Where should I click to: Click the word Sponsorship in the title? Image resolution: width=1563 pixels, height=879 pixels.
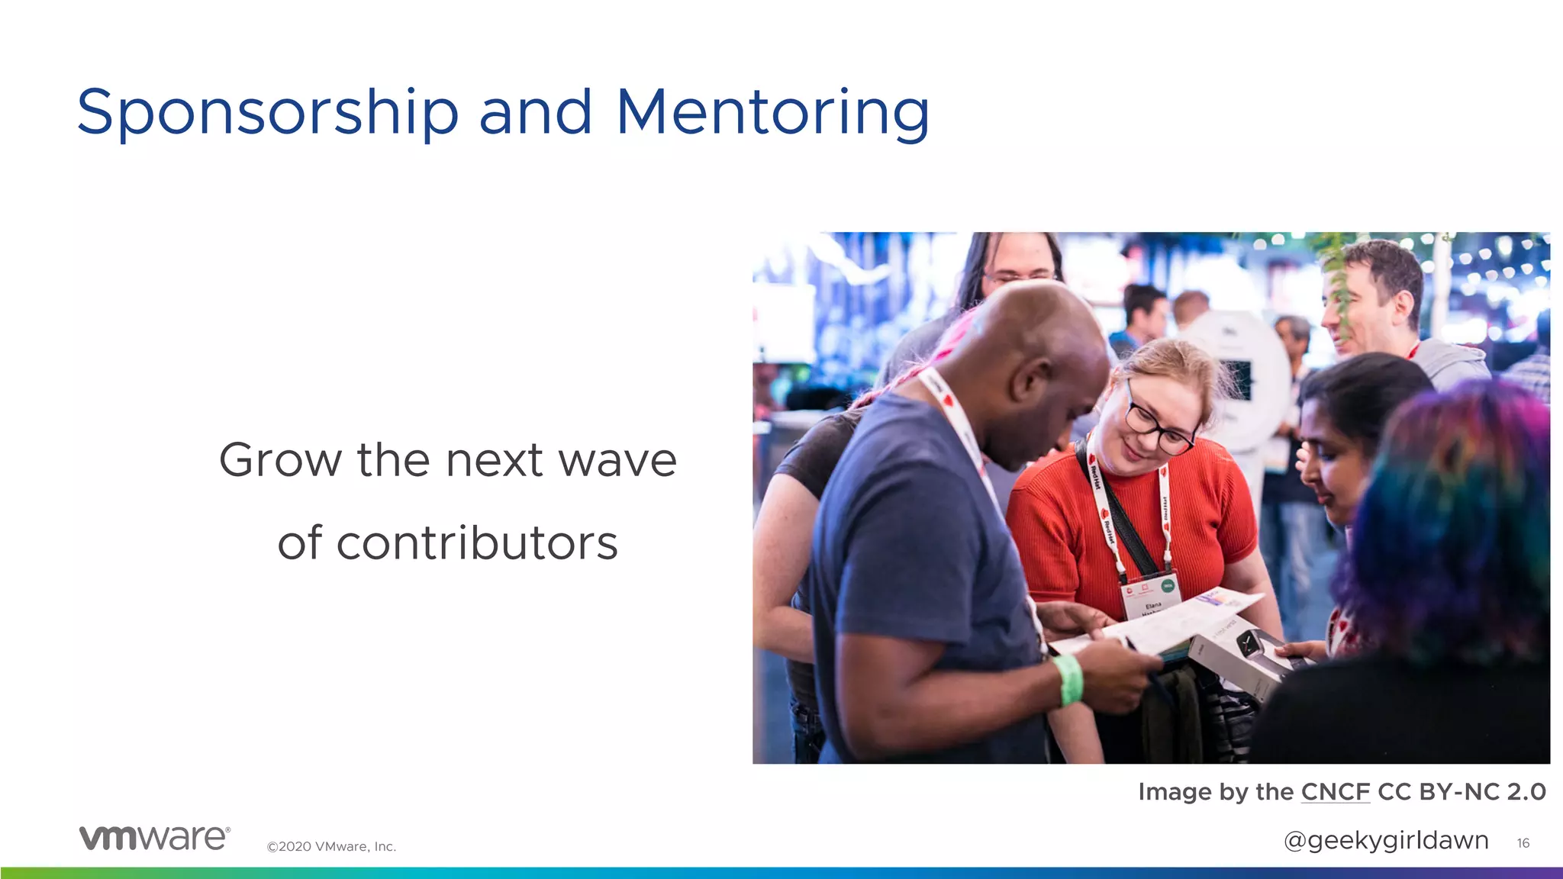[x=267, y=112]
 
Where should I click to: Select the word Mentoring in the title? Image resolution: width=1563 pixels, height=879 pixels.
[x=772, y=112]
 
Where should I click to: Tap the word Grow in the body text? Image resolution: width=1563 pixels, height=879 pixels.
[x=280, y=460]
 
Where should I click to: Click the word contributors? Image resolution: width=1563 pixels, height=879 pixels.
[x=447, y=543]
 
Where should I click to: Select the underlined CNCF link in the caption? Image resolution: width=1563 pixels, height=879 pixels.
[x=1336, y=792]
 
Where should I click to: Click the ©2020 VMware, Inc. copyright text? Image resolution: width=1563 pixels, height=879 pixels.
[x=331, y=846]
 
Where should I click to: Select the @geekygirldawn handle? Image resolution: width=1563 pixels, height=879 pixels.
[x=1386, y=840]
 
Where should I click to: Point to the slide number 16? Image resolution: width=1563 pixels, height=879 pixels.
[x=1523, y=843]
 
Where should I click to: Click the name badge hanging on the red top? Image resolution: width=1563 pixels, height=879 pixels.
[x=1151, y=596]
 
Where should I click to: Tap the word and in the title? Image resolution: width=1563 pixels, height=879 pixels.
[x=536, y=112]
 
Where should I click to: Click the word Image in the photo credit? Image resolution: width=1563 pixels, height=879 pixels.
[x=1175, y=792]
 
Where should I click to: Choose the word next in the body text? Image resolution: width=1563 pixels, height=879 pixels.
[x=494, y=460]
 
